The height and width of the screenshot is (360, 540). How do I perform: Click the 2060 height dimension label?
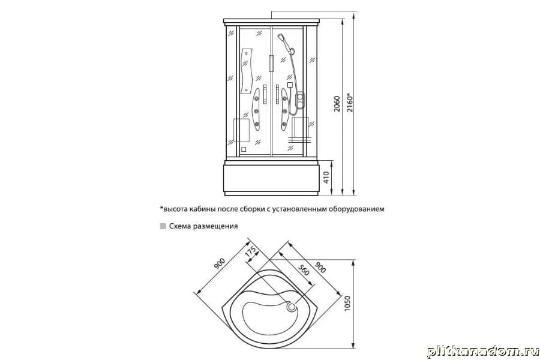(x=337, y=104)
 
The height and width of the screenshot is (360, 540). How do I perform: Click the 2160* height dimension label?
(x=350, y=103)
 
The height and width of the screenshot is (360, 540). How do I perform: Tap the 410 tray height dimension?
(x=326, y=178)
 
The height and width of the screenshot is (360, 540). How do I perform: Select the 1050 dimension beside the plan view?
(x=347, y=304)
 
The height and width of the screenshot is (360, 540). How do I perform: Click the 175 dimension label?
(x=250, y=251)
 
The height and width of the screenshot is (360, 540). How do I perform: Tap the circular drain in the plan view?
(x=292, y=307)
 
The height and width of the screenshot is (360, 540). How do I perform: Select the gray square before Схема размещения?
(x=163, y=226)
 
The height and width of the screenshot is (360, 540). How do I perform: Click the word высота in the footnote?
(x=175, y=209)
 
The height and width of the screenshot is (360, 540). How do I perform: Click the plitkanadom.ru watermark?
(x=483, y=352)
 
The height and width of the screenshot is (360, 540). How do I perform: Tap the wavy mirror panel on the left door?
(x=247, y=71)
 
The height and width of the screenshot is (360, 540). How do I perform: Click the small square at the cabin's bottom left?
(x=244, y=149)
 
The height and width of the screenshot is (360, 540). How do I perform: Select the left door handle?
(x=265, y=94)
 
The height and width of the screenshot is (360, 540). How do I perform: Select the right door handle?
(x=277, y=94)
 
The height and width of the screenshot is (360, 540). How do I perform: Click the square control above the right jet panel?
(x=290, y=85)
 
